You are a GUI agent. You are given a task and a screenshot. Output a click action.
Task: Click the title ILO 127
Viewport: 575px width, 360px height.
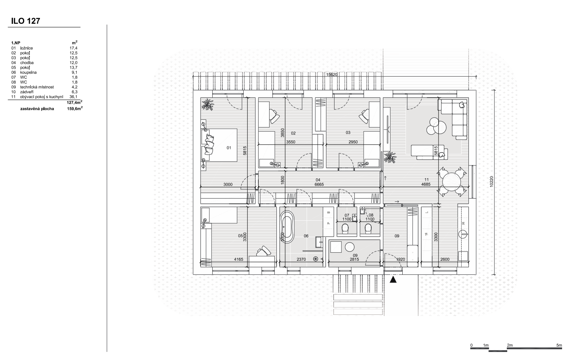(x=26, y=21)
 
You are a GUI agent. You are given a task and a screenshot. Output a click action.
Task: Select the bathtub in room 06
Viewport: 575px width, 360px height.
(x=287, y=227)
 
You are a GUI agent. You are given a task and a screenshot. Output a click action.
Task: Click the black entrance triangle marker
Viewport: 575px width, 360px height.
(x=393, y=279)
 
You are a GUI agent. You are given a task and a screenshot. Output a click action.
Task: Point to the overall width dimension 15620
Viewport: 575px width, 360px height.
(x=332, y=75)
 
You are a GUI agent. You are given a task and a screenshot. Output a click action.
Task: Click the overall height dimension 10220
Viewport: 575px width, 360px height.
(x=491, y=181)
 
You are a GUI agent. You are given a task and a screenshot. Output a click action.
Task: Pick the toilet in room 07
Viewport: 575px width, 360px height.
(x=345, y=228)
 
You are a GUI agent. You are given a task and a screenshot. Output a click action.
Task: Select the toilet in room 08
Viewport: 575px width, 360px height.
(x=368, y=228)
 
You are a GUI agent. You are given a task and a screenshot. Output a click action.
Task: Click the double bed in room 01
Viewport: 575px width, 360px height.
(x=221, y=145)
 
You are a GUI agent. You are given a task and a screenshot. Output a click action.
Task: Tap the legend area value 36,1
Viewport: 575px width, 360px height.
(x=73, y=97)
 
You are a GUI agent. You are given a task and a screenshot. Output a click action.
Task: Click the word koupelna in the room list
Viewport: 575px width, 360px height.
(x=28, y=72)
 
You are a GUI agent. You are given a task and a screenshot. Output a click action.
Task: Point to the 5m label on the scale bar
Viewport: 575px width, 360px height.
(x=559, y=345)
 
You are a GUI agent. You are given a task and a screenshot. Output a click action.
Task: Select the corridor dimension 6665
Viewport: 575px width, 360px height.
(x=319, y=184)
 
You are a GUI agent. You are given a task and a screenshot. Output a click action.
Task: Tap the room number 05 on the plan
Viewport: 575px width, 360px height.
(x=240, y=236)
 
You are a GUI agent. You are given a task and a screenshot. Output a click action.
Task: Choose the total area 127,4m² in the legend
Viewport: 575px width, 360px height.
(x=74, y=103)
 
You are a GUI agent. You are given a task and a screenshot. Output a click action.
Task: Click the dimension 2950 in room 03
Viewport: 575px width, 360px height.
(x=353, y=142)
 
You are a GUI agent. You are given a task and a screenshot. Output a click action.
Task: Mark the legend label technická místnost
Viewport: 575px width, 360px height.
(x=37, y=87)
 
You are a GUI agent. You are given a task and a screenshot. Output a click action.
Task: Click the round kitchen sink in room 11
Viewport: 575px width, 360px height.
(x=463, y=234)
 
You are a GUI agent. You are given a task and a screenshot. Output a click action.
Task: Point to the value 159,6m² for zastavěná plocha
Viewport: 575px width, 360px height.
(x=75, y=109)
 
